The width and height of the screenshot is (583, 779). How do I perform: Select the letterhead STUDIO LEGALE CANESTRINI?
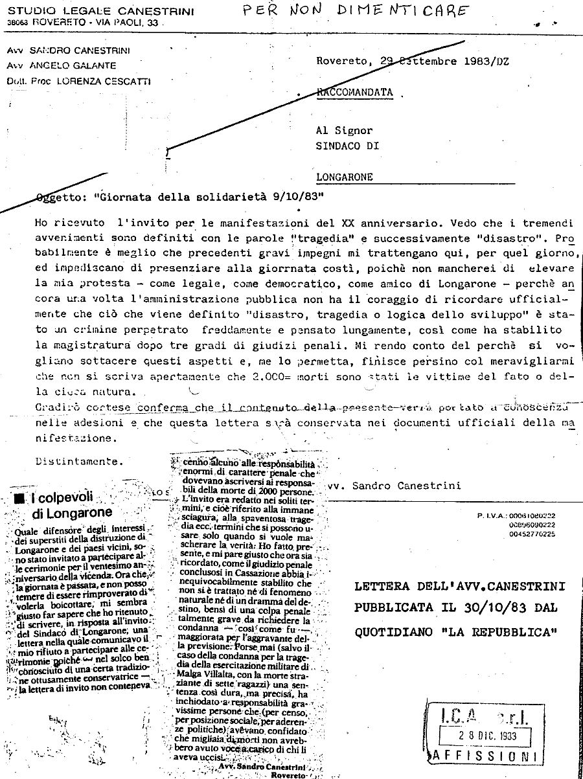coord(91,10)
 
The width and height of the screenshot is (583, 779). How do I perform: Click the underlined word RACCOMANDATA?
coord(355,93)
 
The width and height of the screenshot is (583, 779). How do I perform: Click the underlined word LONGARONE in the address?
coord(344,176)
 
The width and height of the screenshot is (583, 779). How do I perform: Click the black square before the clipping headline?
coord(19,499)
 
